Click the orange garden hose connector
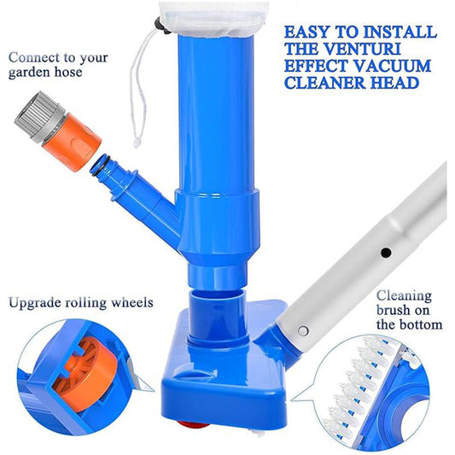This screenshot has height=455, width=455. click(72, 142)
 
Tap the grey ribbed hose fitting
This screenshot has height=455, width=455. click(38, 116)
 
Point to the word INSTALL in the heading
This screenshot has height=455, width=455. click(400, 32)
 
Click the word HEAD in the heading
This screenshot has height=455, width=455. click(394, 83)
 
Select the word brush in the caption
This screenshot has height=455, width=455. click(394, 310)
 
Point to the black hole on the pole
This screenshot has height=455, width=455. click(386, 253)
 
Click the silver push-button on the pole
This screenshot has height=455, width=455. click(303, 330)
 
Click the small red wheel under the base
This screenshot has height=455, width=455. click(194, 424)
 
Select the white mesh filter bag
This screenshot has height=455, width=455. click(213, 19)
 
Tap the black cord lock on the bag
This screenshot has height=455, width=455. click(160, 26)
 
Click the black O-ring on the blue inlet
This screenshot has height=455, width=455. click(99, 166)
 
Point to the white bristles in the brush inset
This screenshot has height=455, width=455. click(360, 386)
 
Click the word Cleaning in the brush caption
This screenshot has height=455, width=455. click(404, 296)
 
